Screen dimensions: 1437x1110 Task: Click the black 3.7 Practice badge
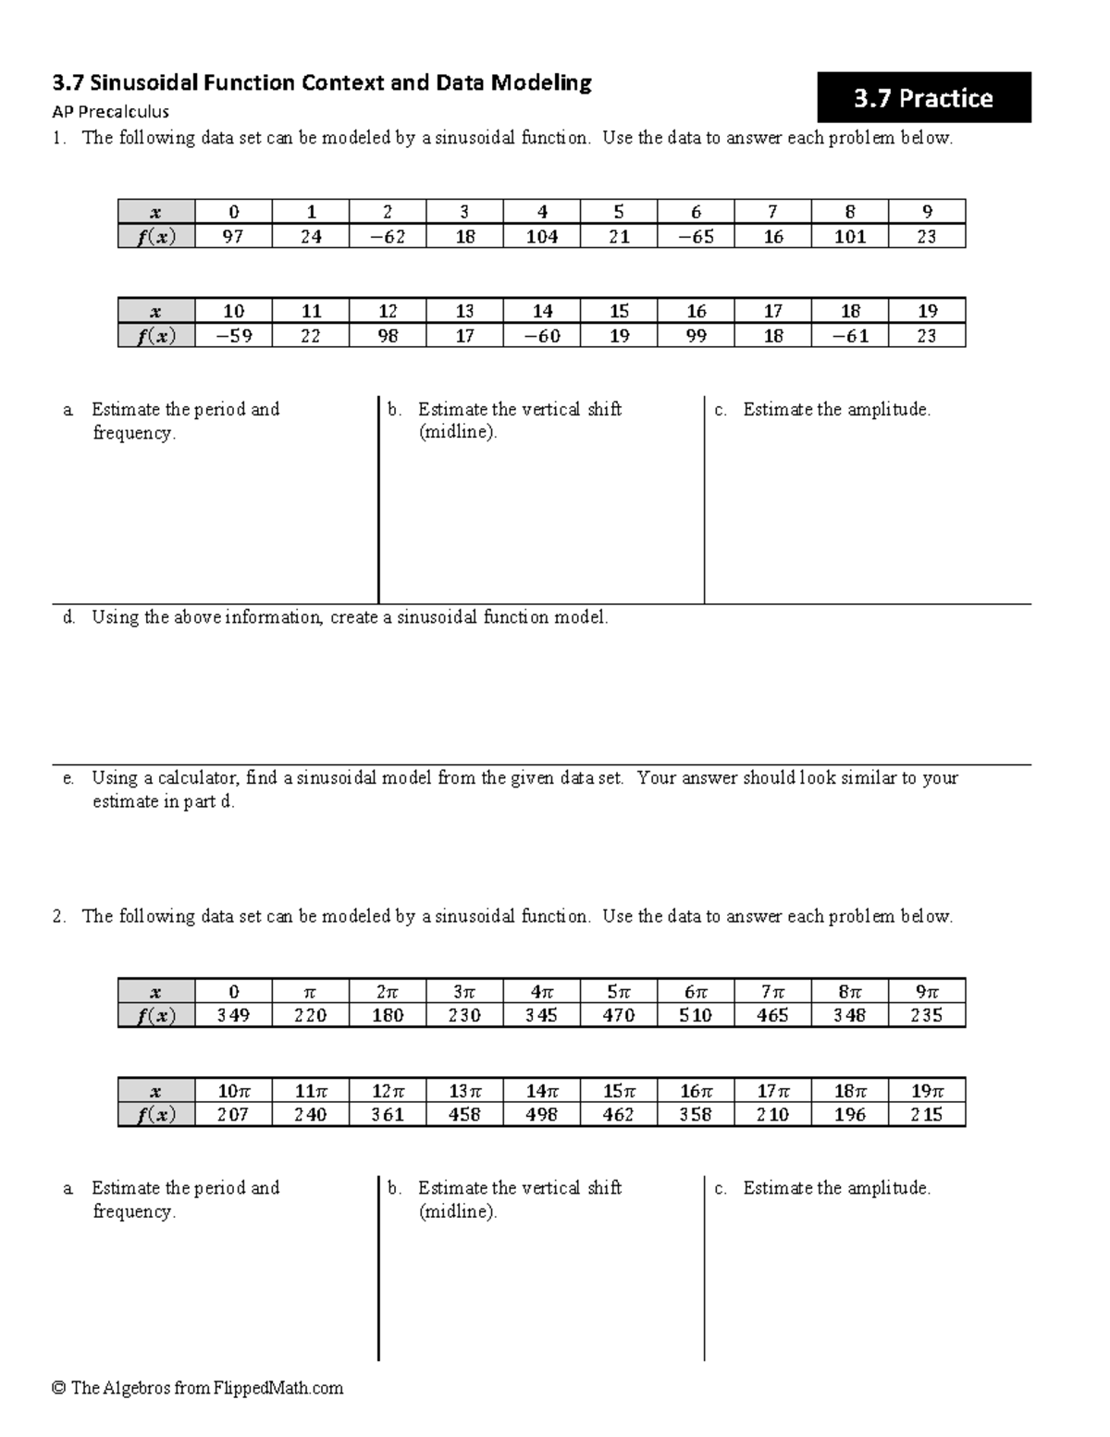pos(923,98)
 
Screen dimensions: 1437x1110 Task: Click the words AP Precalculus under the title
pos(110,112)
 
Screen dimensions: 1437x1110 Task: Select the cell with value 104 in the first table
pos(542,237)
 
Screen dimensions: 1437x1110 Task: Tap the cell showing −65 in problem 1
pos(696,237)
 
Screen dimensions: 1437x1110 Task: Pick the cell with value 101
pos(849,237)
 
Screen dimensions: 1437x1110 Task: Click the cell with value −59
pos(233,336)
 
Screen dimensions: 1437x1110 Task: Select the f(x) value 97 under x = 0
pos(233,237)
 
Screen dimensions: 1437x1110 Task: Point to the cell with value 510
pos(696,1015)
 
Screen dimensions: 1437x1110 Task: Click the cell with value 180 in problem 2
pos(388,1015)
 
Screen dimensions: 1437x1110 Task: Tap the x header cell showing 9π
pos(927,991)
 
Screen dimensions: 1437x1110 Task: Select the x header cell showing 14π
pos(542,1090)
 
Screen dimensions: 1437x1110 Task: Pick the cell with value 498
pos(542,1115)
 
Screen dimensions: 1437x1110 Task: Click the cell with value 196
pos(849,1115)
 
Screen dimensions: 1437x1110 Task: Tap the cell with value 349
pos(233,1015)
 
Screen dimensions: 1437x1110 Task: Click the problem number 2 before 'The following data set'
pos(59,916)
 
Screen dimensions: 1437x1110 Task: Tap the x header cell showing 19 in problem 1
pos(927,312)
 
